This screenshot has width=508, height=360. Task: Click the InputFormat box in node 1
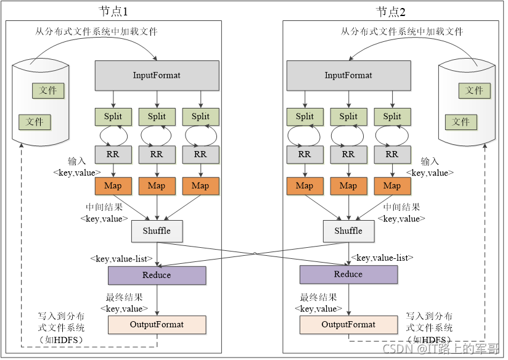click(157, 75)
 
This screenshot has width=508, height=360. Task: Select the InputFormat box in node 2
click(348, 75)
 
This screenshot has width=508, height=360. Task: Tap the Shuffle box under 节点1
click(157, 231)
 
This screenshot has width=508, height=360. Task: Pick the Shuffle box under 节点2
click(348, 231)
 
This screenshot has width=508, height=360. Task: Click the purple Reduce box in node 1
click(157, 276)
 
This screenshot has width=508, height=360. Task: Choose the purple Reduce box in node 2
click(348, 274)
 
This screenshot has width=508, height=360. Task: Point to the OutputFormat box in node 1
click(157, 325)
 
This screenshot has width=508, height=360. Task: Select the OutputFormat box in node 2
click(348, 325)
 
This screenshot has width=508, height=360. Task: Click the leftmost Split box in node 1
click(113, 117)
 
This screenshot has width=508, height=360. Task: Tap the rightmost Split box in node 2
click(392, 117)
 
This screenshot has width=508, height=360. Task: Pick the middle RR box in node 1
click(157, 155)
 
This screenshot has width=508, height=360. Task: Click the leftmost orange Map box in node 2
click(305, 186)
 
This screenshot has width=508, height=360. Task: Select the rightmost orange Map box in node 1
click(200, 186)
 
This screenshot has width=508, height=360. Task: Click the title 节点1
click(113, 12)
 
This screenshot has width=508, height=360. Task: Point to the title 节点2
click(391, 12)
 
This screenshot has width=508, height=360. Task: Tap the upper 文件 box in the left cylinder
click(48, 91)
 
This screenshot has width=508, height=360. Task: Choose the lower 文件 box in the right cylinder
click(461, 122)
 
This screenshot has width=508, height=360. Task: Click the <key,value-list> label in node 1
click(121, 259)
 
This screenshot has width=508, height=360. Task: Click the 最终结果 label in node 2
click(319, 297)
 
